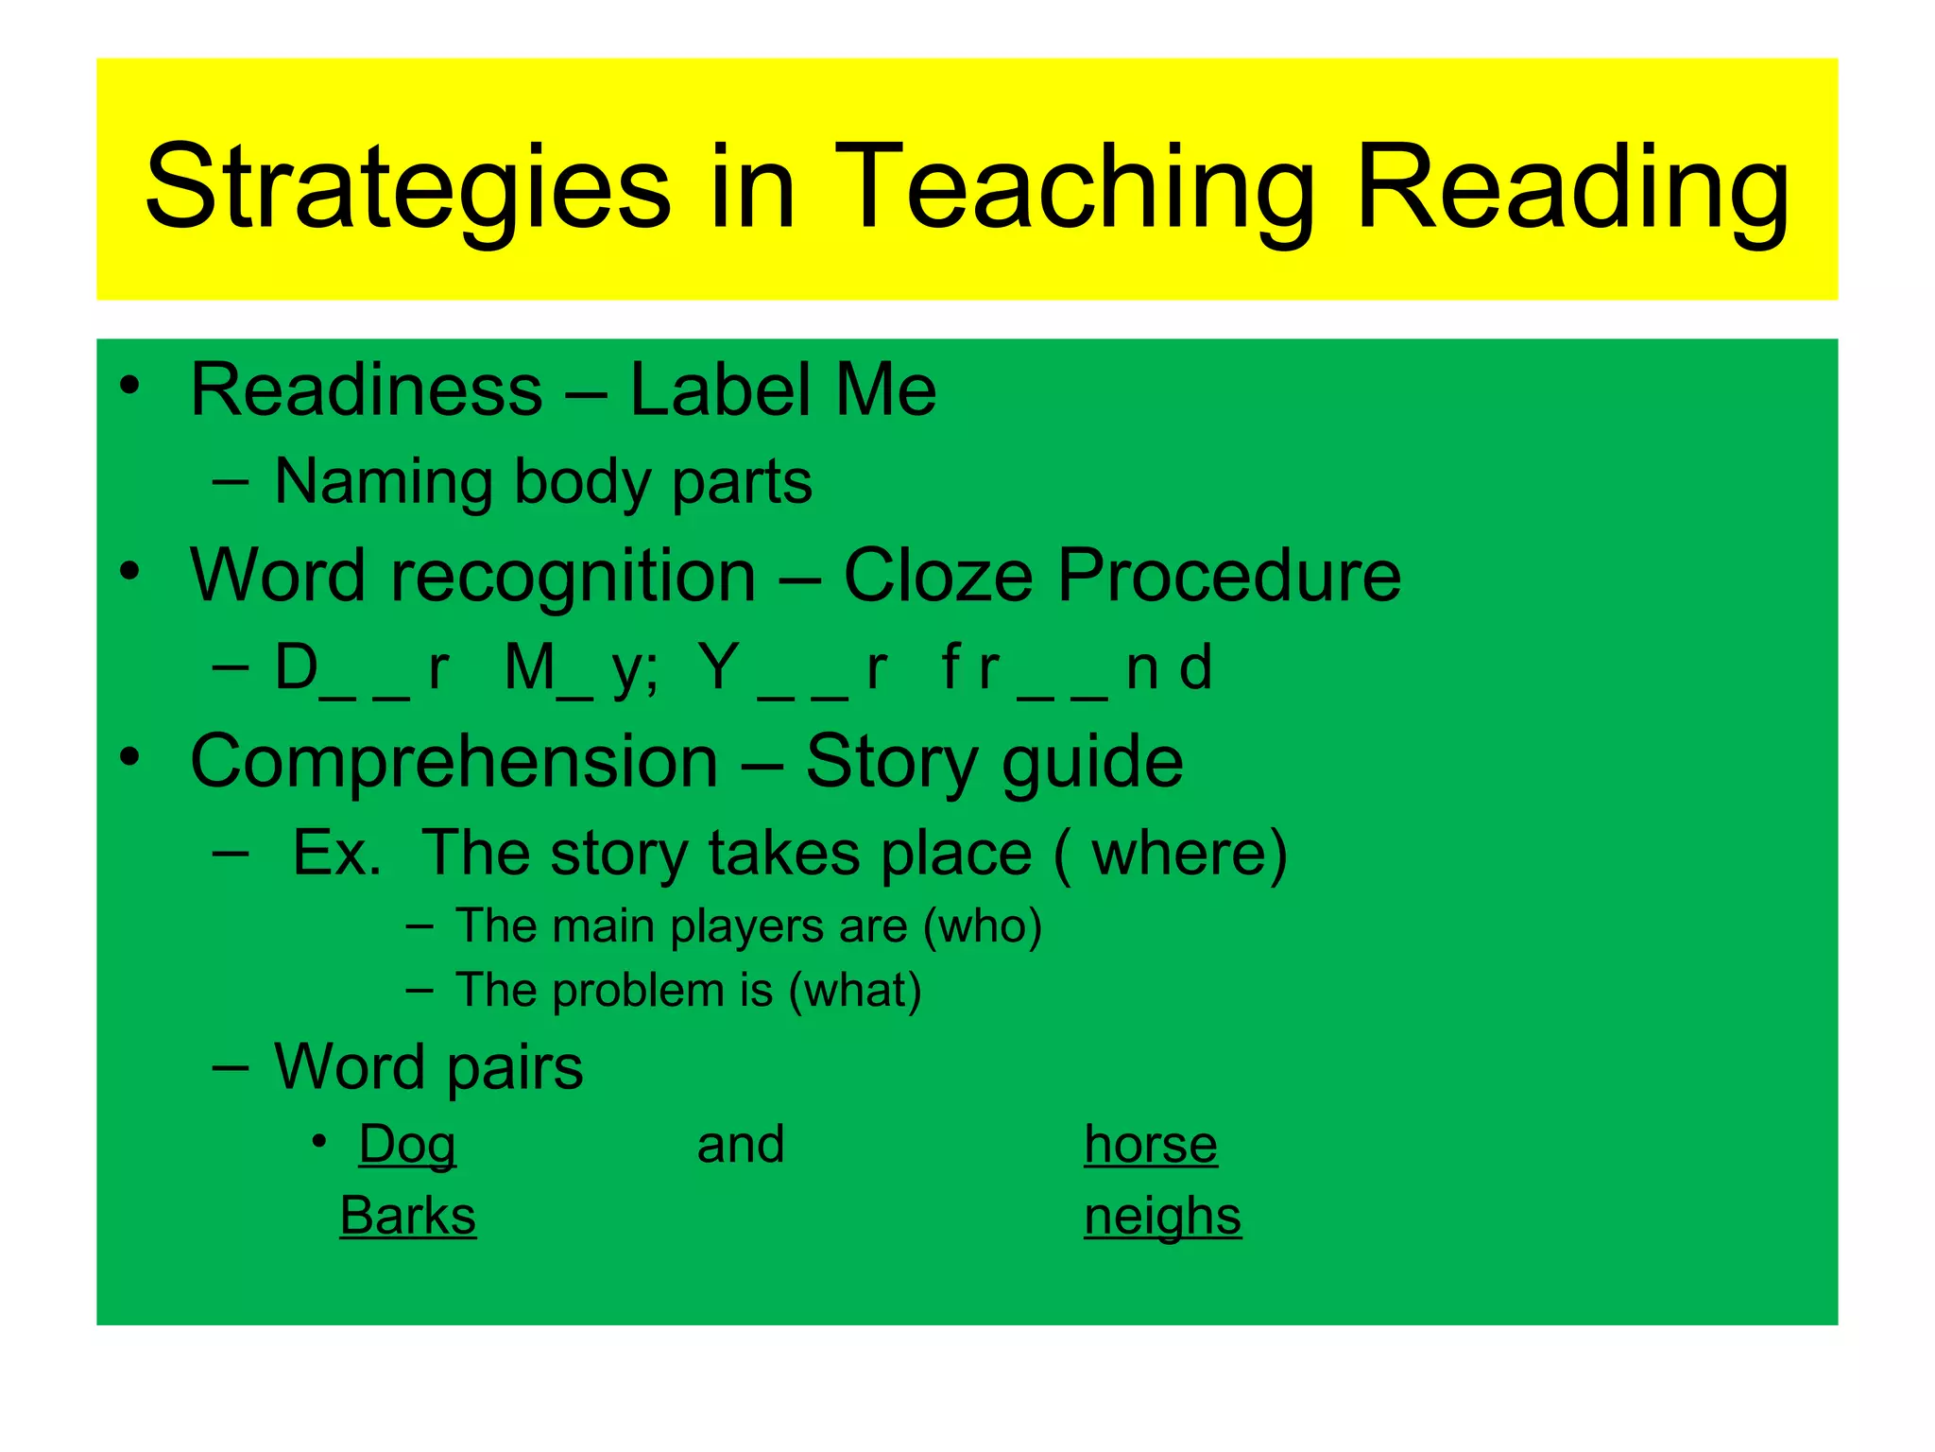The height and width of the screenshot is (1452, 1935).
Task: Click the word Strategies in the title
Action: pos(407,186)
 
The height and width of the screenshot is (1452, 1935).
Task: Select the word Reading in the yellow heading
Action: pos(1571,186)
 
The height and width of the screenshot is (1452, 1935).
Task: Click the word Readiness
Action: pos(366,389)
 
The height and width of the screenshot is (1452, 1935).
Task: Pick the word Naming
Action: pos(383,481)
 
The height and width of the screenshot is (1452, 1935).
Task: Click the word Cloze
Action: pos(937,575)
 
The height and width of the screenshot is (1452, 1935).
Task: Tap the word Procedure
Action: pos(1228,575)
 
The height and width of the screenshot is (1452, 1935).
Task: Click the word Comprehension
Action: pos(454,761)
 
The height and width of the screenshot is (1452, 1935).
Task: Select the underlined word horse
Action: pos(1150,1145)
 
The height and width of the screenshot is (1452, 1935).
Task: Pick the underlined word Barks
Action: pos(407,1216)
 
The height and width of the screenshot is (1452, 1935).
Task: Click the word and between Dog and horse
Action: pos(741,1145)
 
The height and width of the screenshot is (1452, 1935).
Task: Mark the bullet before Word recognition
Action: pos(130,571)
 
